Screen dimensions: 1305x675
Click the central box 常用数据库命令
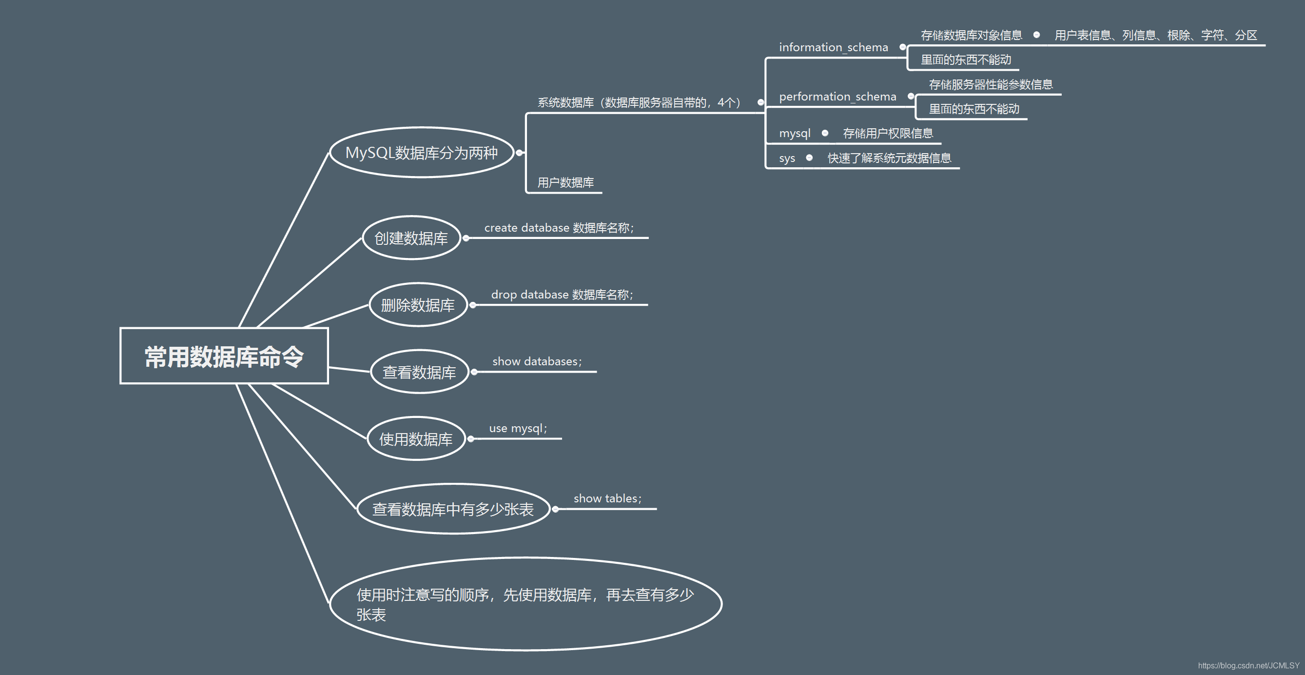pos(224,356)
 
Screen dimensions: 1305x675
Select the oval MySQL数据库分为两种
pos(422,153)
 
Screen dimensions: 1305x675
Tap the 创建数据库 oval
pos(411,238)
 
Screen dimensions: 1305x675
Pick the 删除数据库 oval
pos(417,305)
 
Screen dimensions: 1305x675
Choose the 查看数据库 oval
pos(419,372)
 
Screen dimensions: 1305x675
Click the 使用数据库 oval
pos(415,439)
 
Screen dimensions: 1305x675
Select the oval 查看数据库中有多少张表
pos(453,509)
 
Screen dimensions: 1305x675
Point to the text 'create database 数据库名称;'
pos(559,228)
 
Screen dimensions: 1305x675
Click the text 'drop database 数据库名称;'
pos(562,295)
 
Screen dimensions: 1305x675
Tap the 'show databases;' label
pos(537,362)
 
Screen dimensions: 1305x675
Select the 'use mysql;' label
pos(518,429)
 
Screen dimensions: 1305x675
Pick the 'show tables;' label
pos(607,498)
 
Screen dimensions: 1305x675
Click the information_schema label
pos(833,48)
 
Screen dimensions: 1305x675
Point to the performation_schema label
pos(838,97)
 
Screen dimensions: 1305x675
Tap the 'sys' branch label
pos(787,159)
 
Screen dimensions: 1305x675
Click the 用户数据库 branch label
pos(565,182)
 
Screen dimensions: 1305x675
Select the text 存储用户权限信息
pos(888,133)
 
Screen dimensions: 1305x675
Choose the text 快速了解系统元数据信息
pos(889,158)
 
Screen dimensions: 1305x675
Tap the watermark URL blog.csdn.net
pos(1248,665)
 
